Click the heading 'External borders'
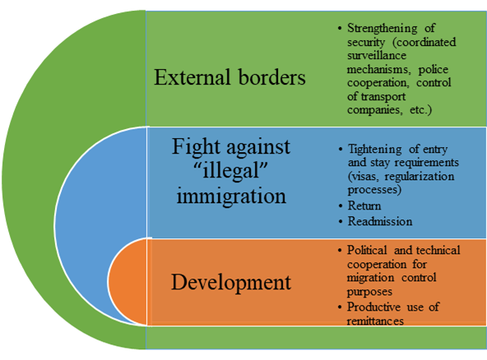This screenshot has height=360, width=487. [230, 77]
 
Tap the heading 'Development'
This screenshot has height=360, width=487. [231, 283]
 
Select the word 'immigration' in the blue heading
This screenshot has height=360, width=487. [231, 197]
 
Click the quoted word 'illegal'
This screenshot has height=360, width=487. [231, 170]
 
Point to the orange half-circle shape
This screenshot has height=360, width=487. [128, 282]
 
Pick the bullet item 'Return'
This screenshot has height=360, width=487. [364, 205]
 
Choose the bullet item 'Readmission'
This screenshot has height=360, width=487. [380, 221]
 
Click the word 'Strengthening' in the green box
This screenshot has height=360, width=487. [383, 29]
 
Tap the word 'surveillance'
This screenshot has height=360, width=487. [377, 55]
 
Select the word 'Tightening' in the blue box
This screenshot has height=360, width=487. [374, 150]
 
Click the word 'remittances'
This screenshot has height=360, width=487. [375, 321]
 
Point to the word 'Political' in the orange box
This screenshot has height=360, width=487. [367, 250]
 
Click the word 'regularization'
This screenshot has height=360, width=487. [420, 177]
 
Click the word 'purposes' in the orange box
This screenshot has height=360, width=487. [369, 292]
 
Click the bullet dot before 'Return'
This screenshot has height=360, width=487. [341, 206]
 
